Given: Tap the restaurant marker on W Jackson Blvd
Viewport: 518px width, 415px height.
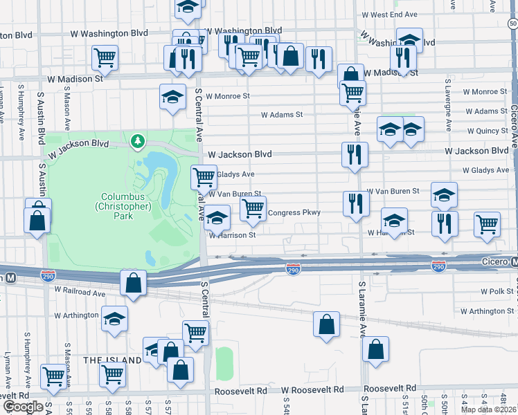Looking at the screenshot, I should [x=355, y=154].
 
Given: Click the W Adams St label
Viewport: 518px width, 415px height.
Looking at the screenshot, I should [x=282, y=115].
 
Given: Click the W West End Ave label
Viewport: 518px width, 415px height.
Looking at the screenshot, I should [x=389, y=15].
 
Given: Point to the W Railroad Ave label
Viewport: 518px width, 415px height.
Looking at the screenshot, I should [x=80, y=293].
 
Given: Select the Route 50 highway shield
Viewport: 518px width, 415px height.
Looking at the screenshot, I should [x=512, y=24].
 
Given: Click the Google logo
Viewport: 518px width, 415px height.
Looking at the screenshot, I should [x=22, y=407].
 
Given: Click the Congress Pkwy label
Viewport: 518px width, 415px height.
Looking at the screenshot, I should [x=294, y=212].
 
